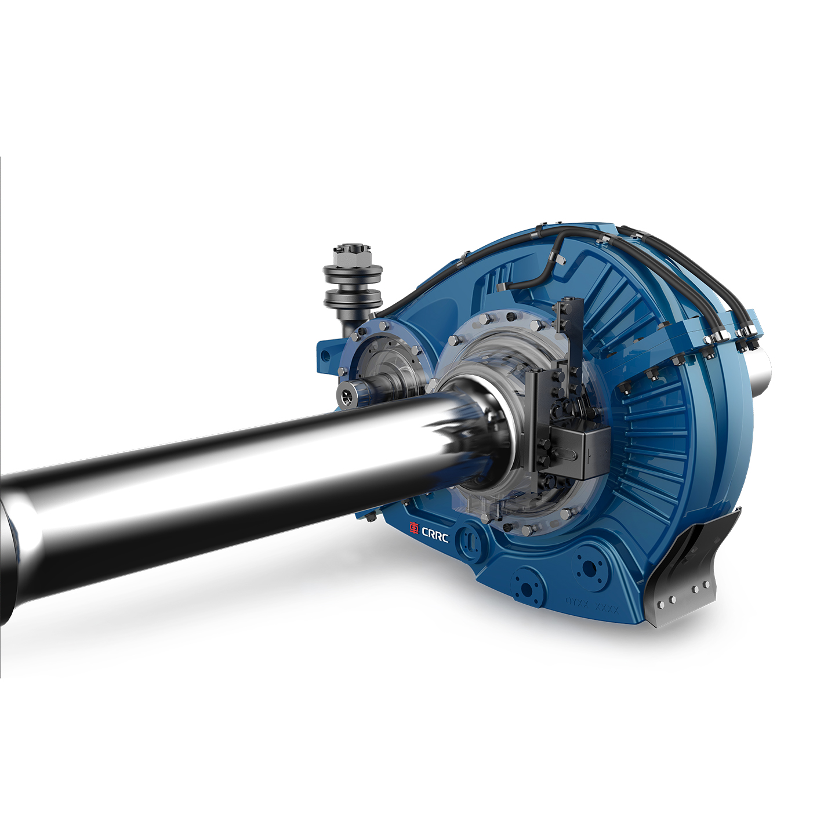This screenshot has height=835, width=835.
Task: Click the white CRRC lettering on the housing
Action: tap(435, 534)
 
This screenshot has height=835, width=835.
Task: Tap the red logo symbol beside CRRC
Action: tap(413, 528)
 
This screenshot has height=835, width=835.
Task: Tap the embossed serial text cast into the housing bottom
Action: tap(591, 607)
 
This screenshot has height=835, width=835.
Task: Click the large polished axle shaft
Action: tap(232, 487)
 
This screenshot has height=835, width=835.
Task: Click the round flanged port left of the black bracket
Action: tap(527, 588)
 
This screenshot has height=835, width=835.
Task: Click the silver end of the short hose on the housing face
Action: tap(561, 260)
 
